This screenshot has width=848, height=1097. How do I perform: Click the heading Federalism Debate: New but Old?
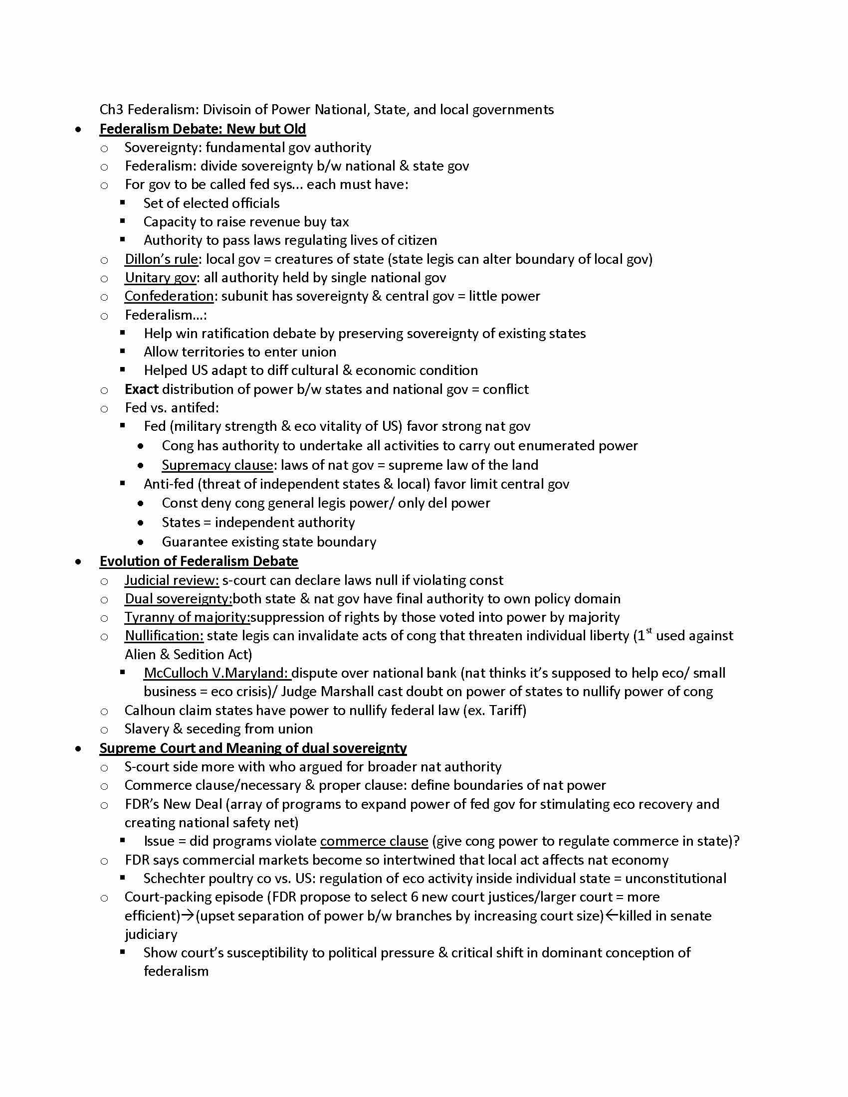pyautogui.click(x=203, y=129)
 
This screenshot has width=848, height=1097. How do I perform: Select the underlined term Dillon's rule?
pyautogui.click(x=161, y=259)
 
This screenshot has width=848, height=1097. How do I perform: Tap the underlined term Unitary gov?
pyautogui.click(x=161, y=278)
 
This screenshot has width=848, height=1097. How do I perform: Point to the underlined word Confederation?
pyautogui.click(x=169, y=296)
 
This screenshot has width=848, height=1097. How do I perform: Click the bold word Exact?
pyautogui.click(x=142, y=389)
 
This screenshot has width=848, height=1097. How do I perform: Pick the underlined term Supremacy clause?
pyautogui.click(x=217, y=465)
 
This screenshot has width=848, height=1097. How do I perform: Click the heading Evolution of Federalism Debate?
pyautogui.click(x=199, y=561)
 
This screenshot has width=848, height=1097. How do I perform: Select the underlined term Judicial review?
pyautogui.click(x=171, y=580)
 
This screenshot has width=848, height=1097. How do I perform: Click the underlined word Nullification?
pyautogui.click(x=164, y=636)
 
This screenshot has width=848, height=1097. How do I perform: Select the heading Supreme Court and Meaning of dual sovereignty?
pyautogui.click(x=253, y=748)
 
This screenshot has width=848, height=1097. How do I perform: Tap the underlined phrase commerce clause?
pyautogui.click(x=374, y=841)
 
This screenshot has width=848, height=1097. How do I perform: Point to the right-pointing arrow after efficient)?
pyautogui.click(x=188, y=915)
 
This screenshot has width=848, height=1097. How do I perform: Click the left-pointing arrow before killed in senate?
pyautogui.click(x=612, y=915)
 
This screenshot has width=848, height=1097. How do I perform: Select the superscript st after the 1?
pyautogui.click(x=649, y=631)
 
